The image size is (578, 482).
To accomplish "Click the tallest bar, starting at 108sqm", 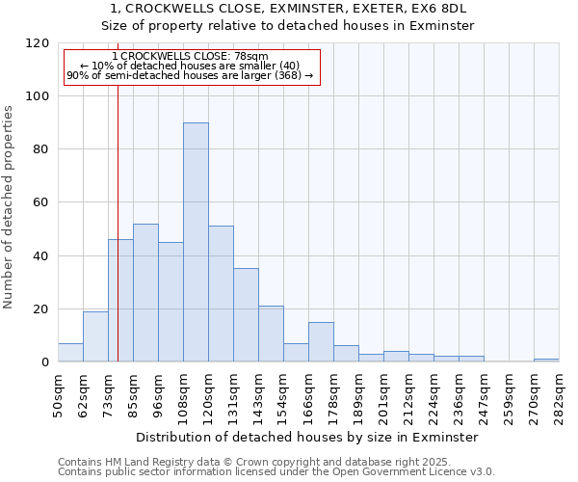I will [196, 243].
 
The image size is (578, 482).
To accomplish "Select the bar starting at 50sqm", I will [70, 353].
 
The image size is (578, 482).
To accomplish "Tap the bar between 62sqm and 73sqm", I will [95, 336].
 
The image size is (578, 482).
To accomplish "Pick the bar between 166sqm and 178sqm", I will [321, 342].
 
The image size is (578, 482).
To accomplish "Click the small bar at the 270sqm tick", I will [546, 360].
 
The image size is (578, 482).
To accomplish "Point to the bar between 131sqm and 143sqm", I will [246, 315].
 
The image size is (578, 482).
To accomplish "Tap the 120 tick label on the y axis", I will [38, 43].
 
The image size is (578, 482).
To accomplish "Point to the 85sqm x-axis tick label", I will [133, 394].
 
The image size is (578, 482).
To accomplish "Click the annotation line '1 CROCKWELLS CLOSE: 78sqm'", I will [190, 57].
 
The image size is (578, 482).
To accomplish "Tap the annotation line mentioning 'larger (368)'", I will [190, 75].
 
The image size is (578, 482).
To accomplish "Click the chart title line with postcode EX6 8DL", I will [288, 9].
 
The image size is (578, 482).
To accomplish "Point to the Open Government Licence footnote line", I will [276, 472].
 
